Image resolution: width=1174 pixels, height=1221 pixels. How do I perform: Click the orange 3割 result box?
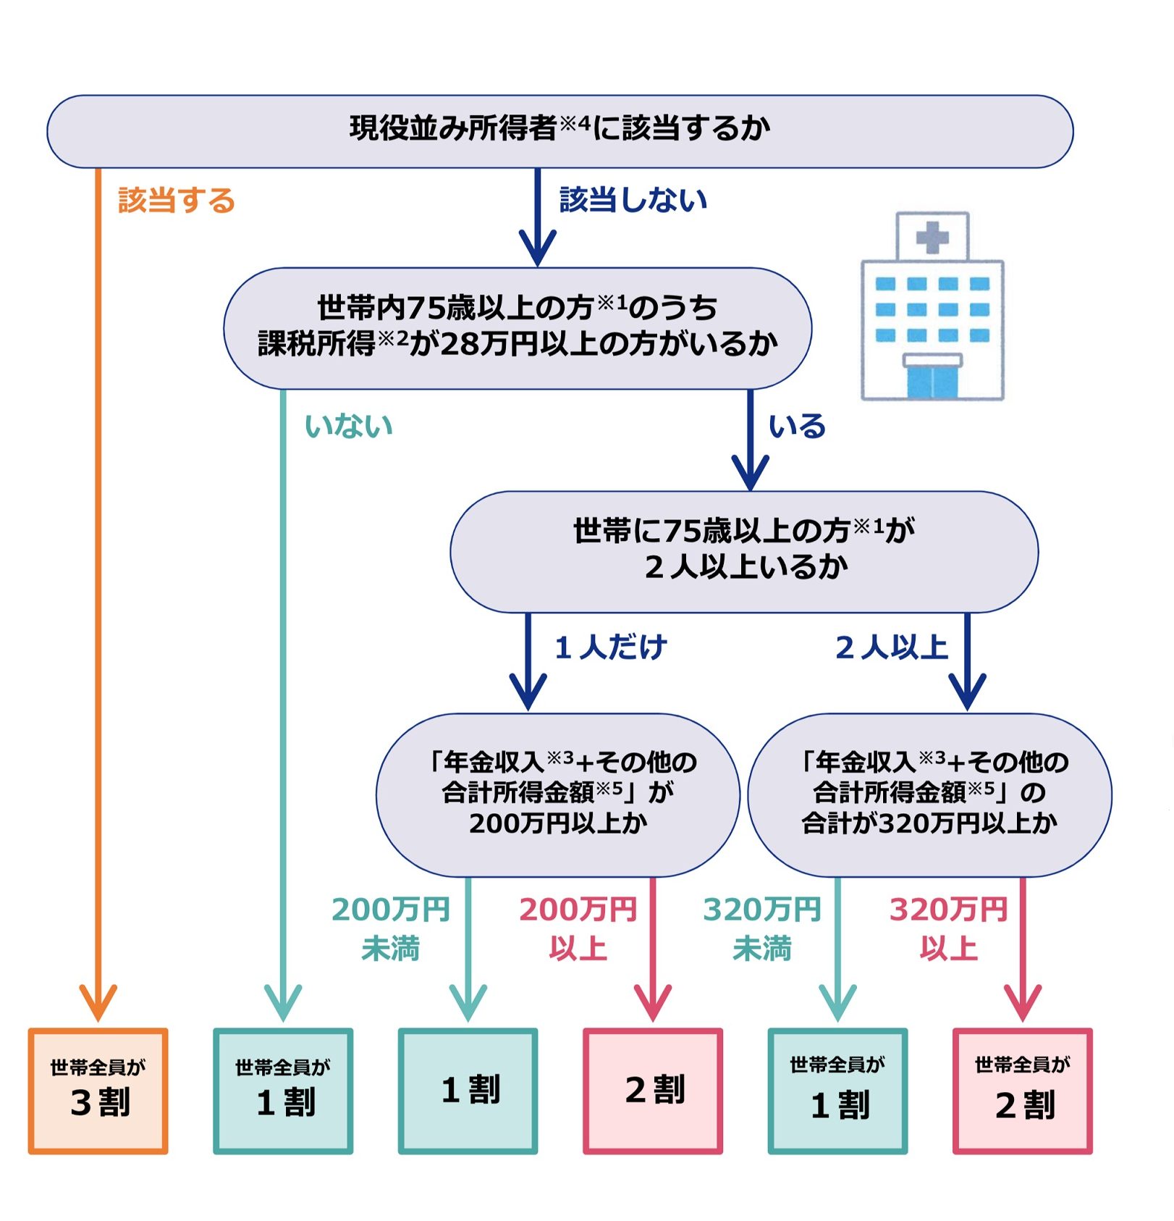98,1091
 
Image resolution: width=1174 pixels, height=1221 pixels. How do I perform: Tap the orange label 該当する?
177,201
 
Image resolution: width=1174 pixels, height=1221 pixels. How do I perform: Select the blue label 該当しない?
633,199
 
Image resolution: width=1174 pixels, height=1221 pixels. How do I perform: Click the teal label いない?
348,426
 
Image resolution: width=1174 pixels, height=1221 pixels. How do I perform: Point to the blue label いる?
797,426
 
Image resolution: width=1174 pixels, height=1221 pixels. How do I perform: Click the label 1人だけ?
611,647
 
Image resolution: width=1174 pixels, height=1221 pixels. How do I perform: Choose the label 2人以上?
892,647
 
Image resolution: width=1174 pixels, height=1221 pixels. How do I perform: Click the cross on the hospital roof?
932,237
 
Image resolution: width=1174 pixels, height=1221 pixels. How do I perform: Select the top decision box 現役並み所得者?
559,131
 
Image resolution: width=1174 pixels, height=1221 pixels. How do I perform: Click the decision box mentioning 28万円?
518,328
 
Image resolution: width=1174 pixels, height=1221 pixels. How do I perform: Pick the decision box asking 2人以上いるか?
744,551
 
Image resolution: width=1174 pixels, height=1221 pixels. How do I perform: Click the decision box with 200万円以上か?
558,794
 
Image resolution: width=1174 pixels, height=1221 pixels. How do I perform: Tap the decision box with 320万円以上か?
930,794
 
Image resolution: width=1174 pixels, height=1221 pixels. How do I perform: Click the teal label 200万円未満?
391,928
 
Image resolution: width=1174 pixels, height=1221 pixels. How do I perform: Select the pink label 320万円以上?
948,928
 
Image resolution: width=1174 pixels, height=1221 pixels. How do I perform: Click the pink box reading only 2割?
653,1091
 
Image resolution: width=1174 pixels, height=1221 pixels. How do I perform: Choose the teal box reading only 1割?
468,1091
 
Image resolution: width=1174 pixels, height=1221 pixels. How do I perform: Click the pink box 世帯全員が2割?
1023,1091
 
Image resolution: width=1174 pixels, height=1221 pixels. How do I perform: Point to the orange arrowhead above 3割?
98,1002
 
